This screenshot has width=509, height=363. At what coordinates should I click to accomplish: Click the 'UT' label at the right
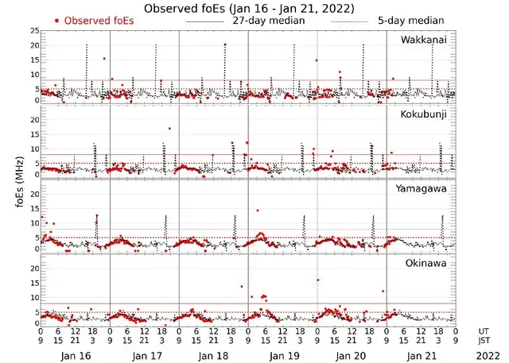(x=484, y=330)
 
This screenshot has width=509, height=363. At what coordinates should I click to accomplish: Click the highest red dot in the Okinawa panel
(x=318, y=280)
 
